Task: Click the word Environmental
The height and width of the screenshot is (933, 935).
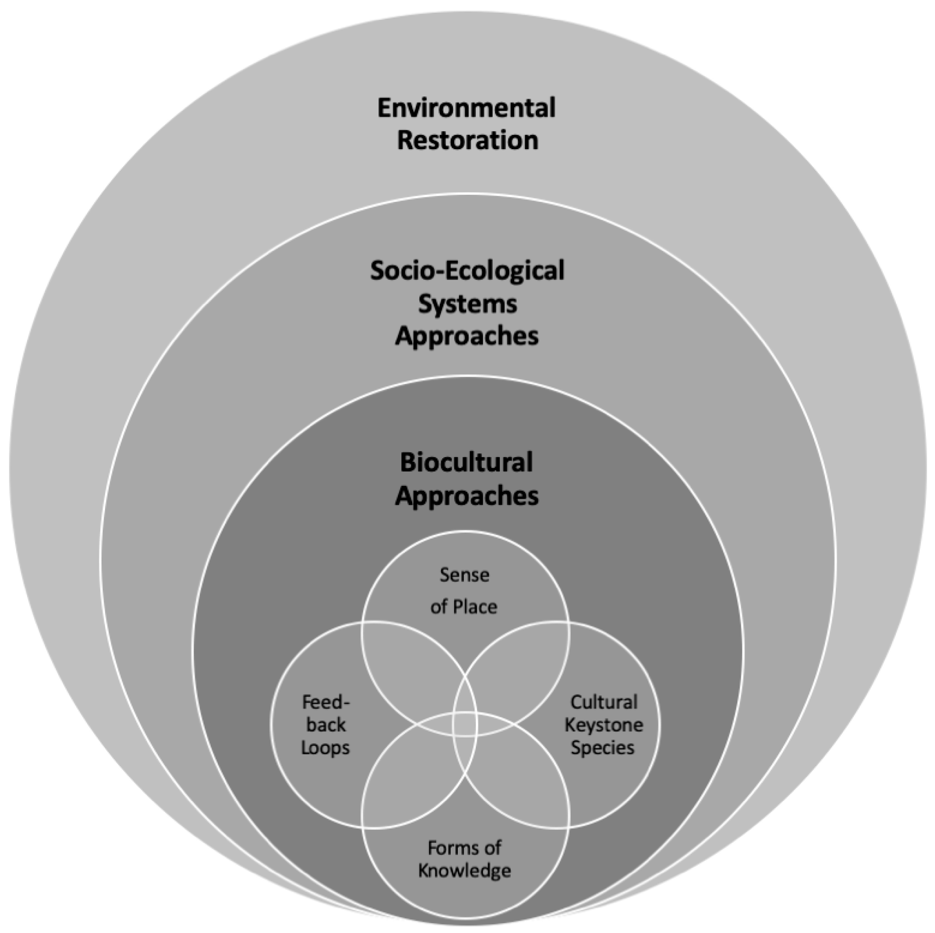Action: tap(466, 108)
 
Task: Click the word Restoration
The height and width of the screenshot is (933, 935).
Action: tap(467, 141)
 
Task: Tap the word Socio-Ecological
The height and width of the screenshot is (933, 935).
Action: tap(467, 271)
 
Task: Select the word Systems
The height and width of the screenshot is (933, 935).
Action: tap(467, 304)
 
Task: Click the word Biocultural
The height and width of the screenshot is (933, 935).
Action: tap(466, 462)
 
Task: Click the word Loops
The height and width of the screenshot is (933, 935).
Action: tap(325, 748)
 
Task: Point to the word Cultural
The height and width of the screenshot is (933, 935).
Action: tap(603, 702)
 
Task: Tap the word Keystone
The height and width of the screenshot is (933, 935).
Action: tap(603, 724)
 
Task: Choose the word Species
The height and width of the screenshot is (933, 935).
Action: tap(602, 748)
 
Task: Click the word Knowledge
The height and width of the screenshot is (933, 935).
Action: tap(465, 871)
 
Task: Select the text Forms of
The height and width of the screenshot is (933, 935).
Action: tap(465, 847)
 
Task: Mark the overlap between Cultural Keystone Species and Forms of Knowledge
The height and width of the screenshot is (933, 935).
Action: tap(518, 779)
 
